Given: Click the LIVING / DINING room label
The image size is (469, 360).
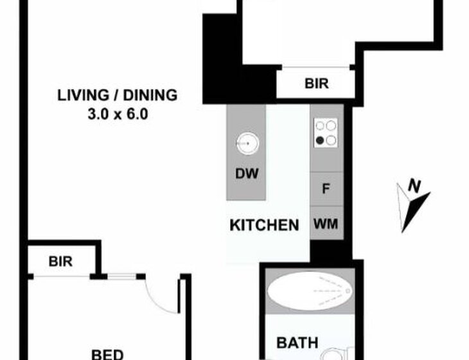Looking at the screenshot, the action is coord(117,95).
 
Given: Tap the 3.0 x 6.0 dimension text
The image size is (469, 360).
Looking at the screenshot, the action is coord(118,114).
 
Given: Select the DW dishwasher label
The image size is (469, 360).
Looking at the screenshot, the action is coord(247,174).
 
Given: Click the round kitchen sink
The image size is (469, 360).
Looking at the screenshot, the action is coord(247,143).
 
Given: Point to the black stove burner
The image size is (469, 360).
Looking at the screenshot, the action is coord(320,139).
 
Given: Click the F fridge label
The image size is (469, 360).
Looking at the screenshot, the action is coord(326,189).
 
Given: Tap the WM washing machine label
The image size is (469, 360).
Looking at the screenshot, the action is coord(326,224).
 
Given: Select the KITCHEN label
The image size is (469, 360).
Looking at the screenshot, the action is coord(265,225).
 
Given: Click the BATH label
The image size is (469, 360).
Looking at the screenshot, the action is coord(297,343).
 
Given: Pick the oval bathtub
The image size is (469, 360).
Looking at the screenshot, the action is coord(310,291).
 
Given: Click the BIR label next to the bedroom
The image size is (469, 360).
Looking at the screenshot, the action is coord(60,262).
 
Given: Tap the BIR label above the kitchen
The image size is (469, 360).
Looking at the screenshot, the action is coord(317,84).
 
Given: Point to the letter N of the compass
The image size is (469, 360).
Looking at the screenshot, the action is coord(414,186).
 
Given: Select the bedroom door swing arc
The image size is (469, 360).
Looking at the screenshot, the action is coord(158,300).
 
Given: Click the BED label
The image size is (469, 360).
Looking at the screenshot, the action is coord(107,355).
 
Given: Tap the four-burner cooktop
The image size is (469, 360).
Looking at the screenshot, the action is coord(326,133).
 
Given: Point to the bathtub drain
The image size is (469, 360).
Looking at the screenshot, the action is coord(348,291).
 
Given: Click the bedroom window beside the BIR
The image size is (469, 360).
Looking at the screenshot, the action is coord(121,276).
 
